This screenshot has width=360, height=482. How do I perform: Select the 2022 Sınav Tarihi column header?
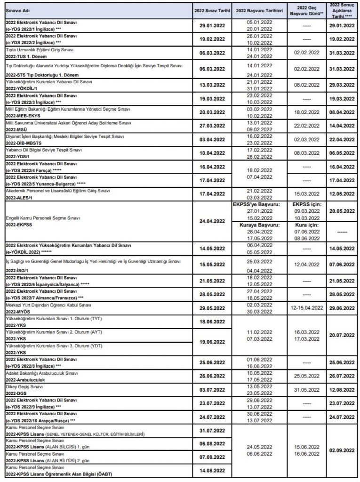pyautogui.click(x=211, y=9)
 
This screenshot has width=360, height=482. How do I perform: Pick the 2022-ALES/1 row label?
pyautogui.click(x=20, y=197)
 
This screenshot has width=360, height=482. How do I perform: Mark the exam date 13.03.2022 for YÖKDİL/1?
pyautogui.click(x=211, y=85)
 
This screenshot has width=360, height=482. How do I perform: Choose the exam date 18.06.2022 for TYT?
pyautogui.click(x=211, y=321)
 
